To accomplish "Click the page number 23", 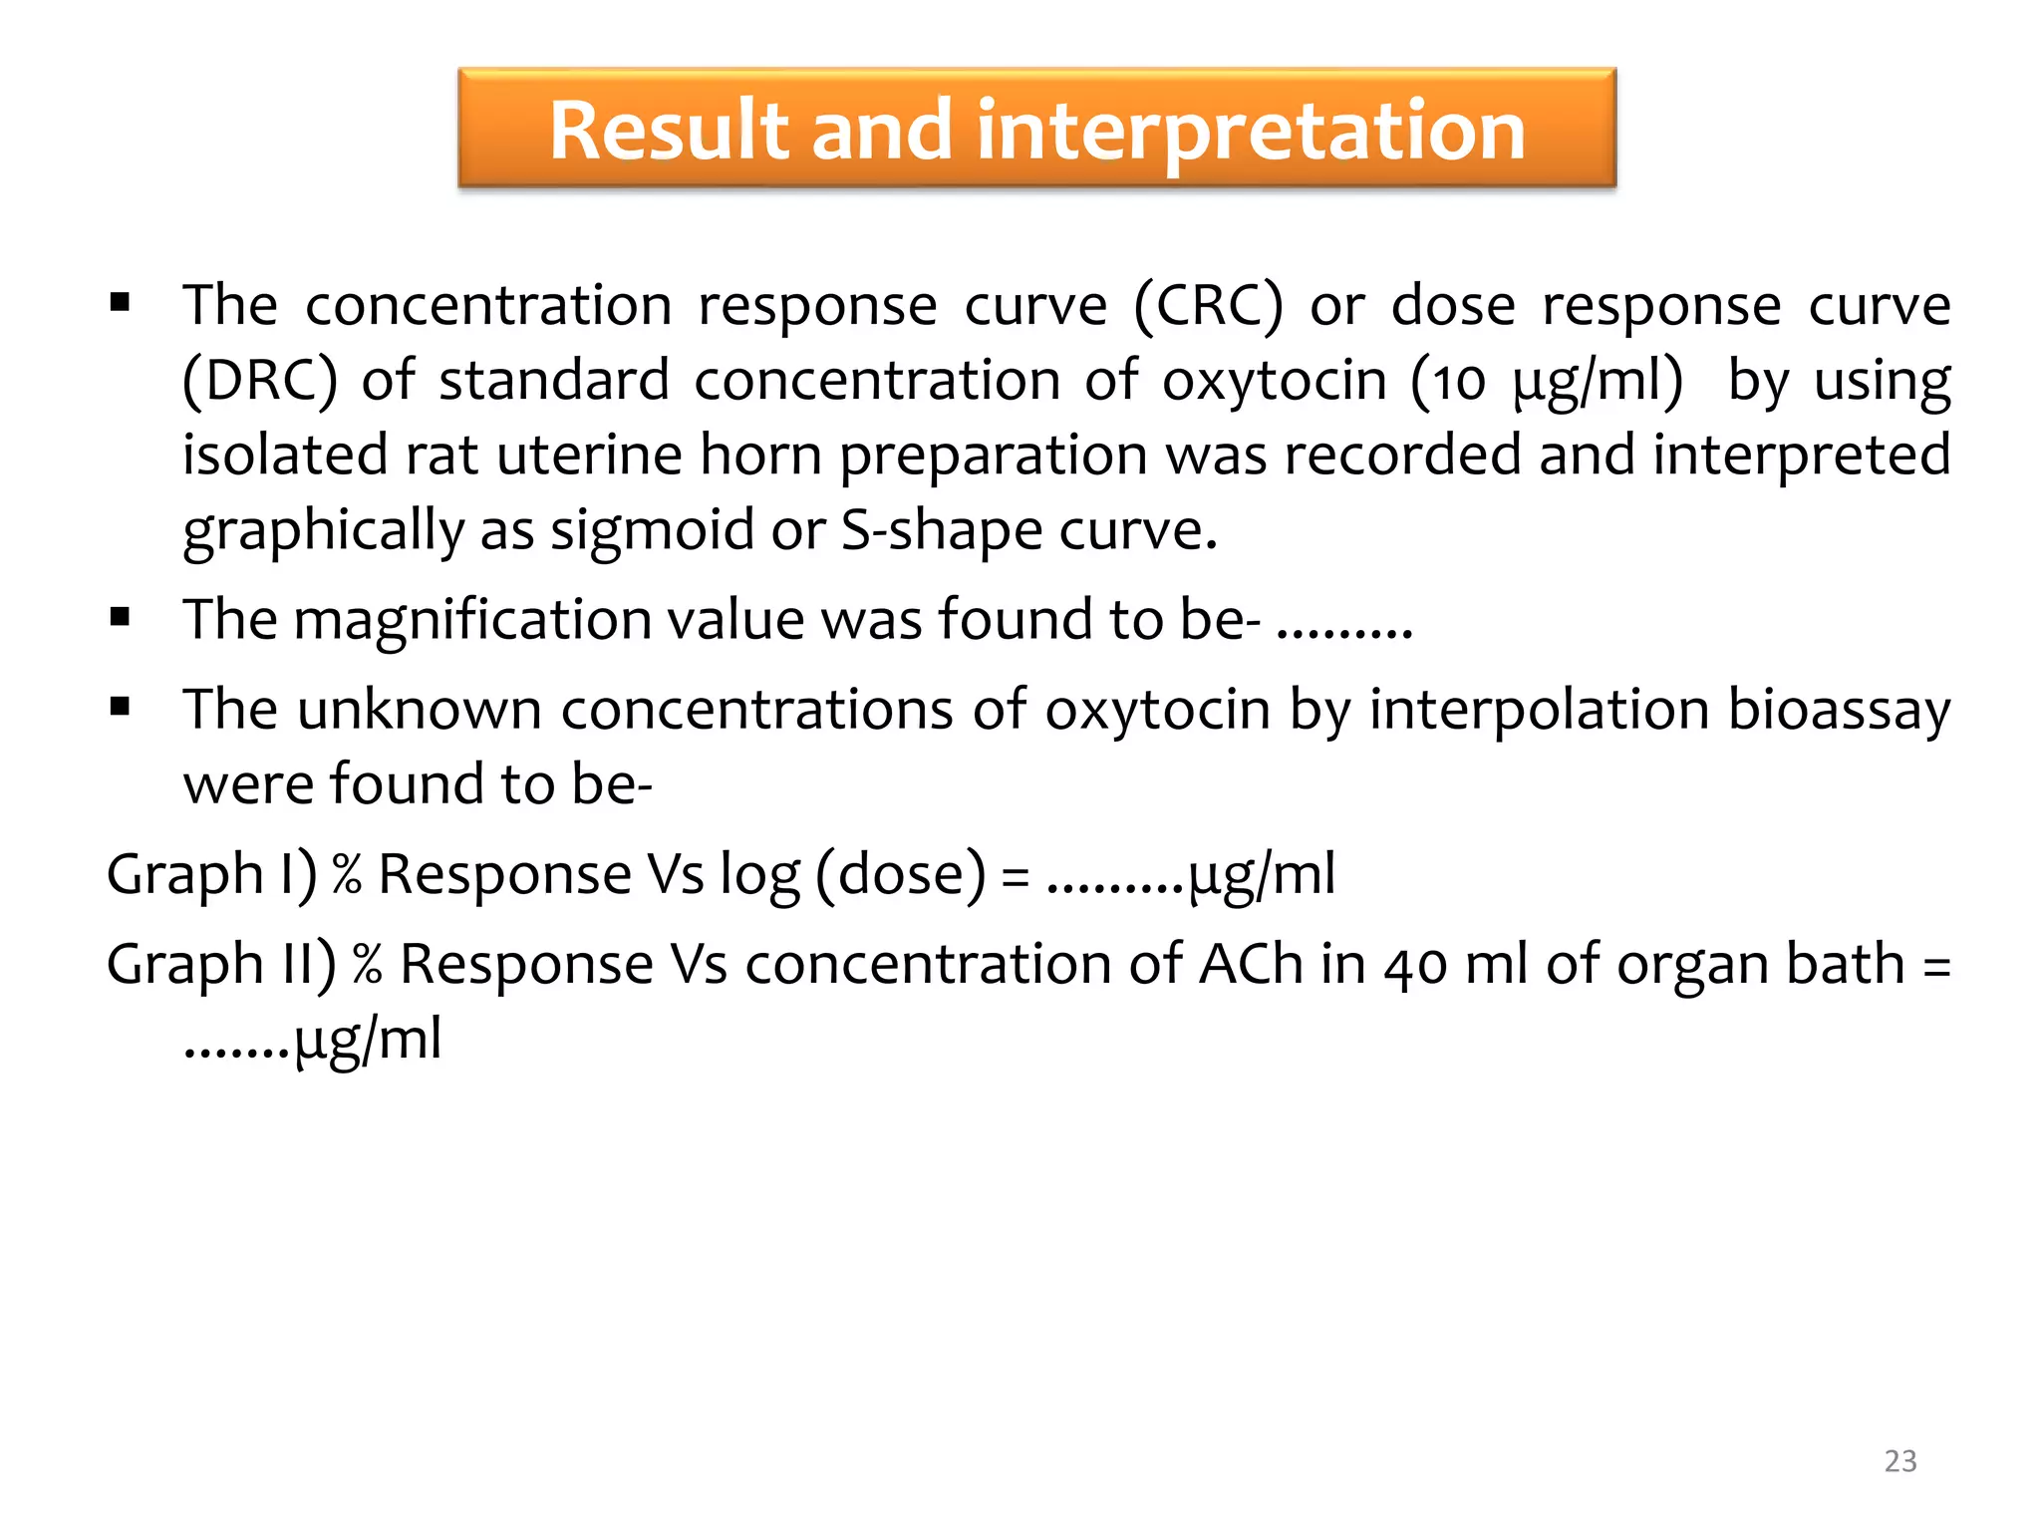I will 1899,1460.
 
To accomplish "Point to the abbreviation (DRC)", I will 259,381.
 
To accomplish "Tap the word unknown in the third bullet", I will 419,711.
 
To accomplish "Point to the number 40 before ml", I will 1415,966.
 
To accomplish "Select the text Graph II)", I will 221,964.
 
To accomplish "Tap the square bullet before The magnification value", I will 121,618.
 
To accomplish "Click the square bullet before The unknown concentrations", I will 121,708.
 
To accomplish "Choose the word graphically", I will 323,530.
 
